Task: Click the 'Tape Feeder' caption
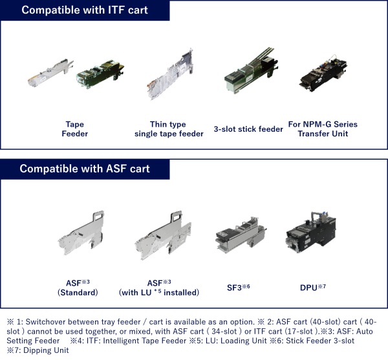pos(74,129)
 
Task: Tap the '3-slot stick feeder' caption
pos(248,129)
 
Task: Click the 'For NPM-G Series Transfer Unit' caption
pos(323,129)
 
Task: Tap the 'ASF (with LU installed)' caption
pos(158,288)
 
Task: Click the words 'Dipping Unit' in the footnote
pos(47,350)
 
